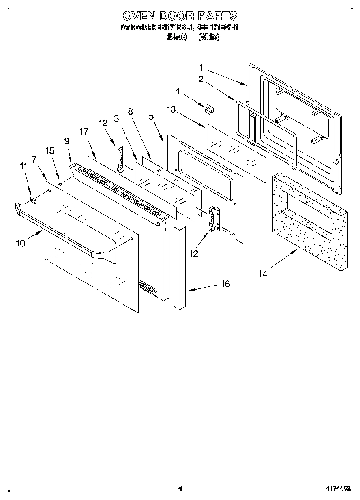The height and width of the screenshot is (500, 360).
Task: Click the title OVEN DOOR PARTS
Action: tap(180, 16)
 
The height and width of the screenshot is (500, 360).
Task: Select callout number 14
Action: tap(264, 274)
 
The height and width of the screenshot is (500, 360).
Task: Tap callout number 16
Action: tap(225, 284)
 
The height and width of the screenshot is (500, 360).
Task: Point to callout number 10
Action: tap(20, 243)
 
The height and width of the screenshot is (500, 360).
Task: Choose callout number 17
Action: tap(84, 131)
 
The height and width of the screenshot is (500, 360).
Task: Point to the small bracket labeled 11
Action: tap(34, 199)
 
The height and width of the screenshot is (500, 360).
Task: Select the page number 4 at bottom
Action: tap(180, 489)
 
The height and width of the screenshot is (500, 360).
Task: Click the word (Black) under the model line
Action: tap(177, 37)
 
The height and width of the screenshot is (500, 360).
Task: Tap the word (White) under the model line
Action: tap(209, 37)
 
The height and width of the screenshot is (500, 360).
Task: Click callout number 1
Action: tap(201, 67)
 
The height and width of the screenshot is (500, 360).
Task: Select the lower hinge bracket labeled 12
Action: tap(214, 219)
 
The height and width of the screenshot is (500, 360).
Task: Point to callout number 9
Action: tap(66, 141)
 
